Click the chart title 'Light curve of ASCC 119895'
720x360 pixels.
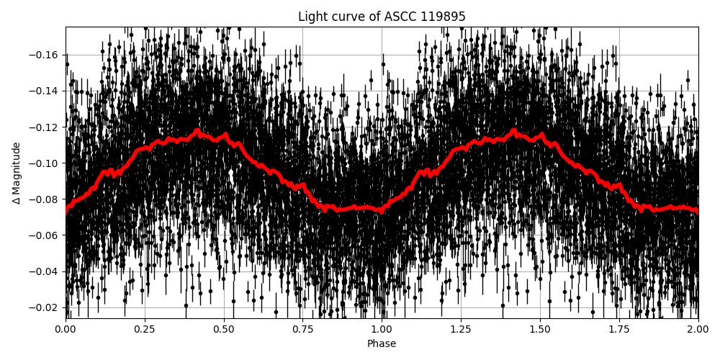[382, 17]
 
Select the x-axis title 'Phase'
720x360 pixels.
[382, 344]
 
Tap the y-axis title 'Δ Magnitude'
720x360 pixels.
[16, 173]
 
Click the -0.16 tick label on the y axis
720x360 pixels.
[47, 55]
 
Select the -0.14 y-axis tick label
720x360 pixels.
[47, 91]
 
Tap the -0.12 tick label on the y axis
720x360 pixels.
[47, 127]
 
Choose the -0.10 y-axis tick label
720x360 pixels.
[47, 163]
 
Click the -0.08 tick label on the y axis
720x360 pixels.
[47, 199]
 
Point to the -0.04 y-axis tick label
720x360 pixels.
[47, 271]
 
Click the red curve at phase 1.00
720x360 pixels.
[382, 210]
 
